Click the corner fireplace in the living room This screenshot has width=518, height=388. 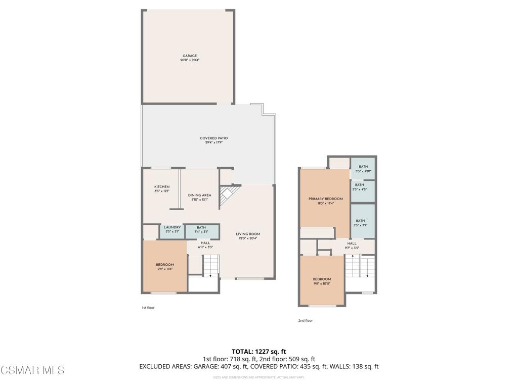pos(228,195)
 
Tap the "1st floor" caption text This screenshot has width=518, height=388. pos(148,307)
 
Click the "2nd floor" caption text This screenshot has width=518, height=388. pos(305,320)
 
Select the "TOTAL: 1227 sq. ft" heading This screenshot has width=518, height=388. pos(259,351)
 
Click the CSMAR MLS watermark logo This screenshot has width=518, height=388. pos(32,370)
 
